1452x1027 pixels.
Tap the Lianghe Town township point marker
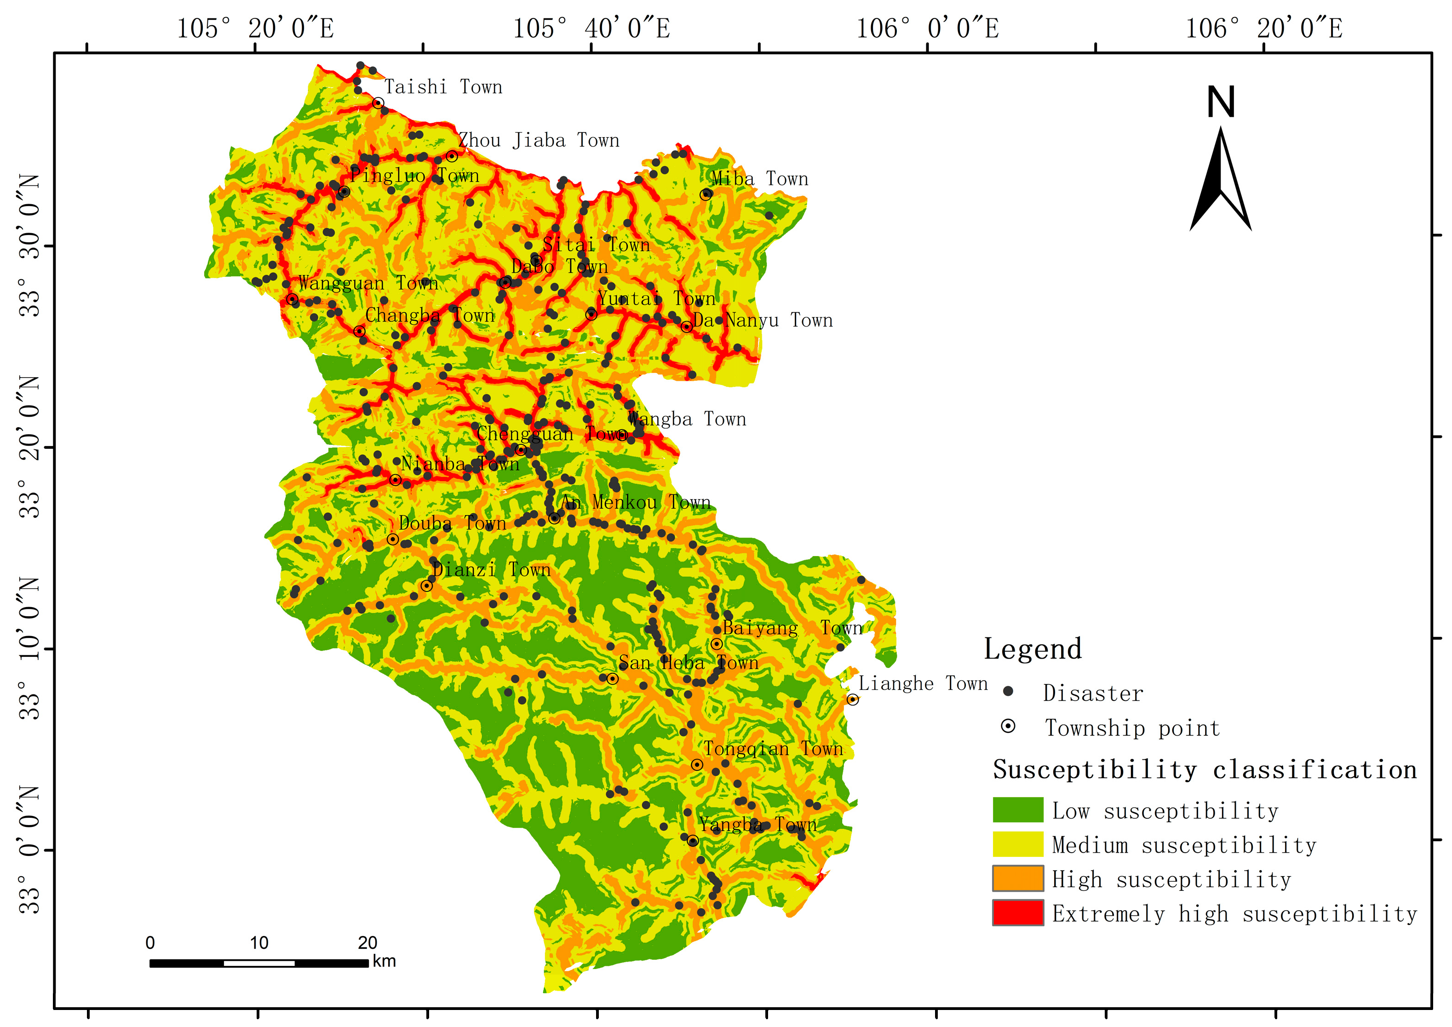pyautogui.click(x=853, y=700)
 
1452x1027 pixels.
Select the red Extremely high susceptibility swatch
pyautogui.click(x=1017, y=912)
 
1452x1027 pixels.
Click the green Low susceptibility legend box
pyautogui.click(x=1017, y=810)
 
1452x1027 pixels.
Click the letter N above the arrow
pyautogui.click(x=1221, y=103)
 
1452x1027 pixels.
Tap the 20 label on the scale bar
pyautogui.click(x=367, y=943)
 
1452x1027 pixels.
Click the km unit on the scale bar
pyautogui.click(x=384, y=961)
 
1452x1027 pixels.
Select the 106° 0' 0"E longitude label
pyautogui.click(x=927, y=29)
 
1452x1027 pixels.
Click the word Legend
pyautogui.click(x=1033, y=649)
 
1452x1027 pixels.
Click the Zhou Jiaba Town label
pyautogui.click(x=539, y=140)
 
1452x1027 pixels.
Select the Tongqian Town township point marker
pyautogui.click(x=697, y=764)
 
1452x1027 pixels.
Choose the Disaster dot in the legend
pyautogui.click(x=1008, y=692)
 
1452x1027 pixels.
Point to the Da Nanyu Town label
pyautogui.click(x=763, y=321)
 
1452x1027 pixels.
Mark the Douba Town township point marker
pyautogui.click(x=393, y=539)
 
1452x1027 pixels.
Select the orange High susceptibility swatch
pyautogui.click(x=1017, y=878)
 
